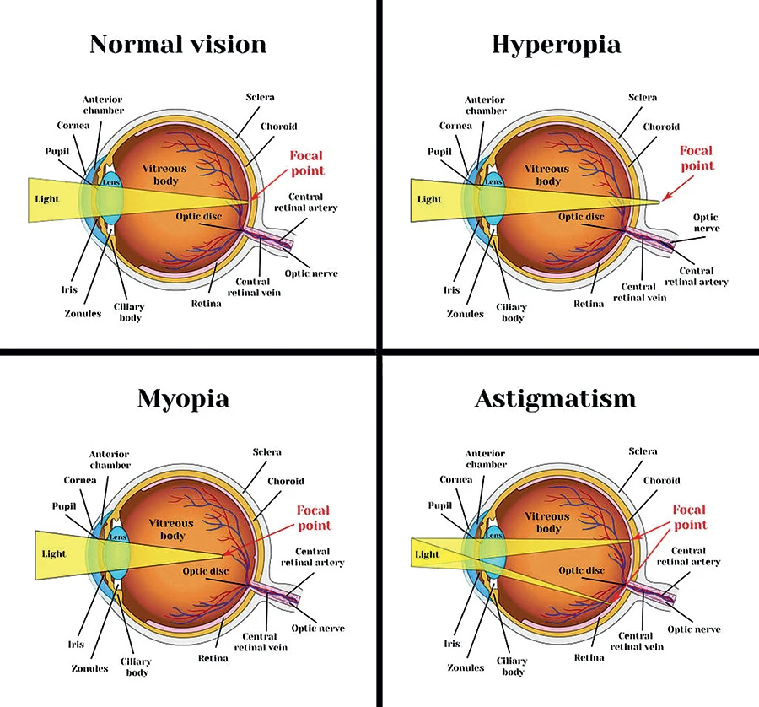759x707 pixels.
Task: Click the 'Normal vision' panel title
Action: (x=177, y=44)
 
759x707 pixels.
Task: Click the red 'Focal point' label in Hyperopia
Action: (x=697, y=159)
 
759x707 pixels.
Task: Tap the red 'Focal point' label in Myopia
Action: (x=314, y=517)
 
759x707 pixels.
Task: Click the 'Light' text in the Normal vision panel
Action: (x=47, y=200)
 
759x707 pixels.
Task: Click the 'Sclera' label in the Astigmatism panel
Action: (x=643, y=451)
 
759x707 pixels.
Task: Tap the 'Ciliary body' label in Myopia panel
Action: (x=137, y=667)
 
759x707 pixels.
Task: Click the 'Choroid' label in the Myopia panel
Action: (x=286, y=481)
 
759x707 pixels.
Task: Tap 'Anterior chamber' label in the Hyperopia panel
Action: (x=486, y=105)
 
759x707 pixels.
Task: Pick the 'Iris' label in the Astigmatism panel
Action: (x=453, y=643)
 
